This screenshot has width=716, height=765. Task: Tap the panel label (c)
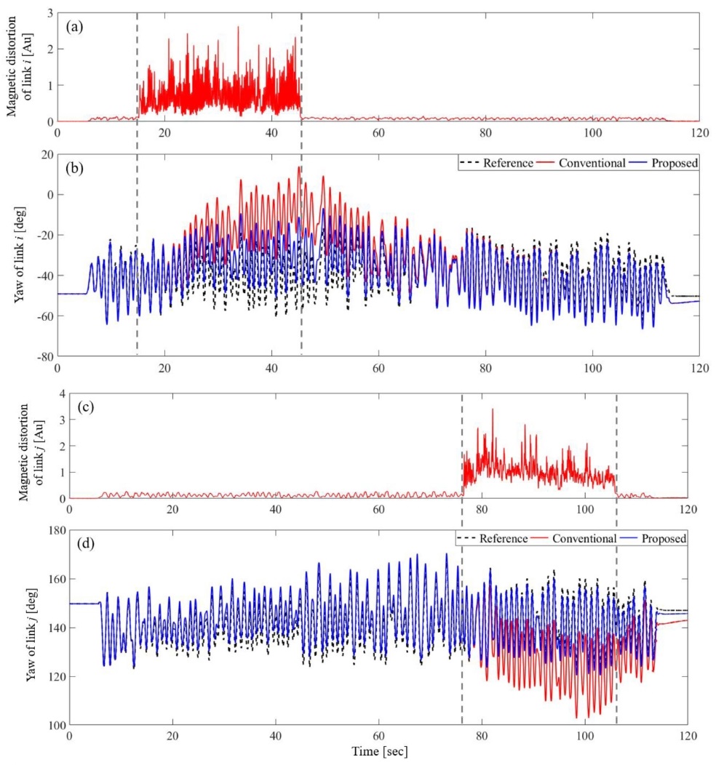coord(84,408)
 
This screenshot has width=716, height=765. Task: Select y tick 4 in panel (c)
coord(60,393)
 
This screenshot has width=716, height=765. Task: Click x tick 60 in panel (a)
coord(378,134)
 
